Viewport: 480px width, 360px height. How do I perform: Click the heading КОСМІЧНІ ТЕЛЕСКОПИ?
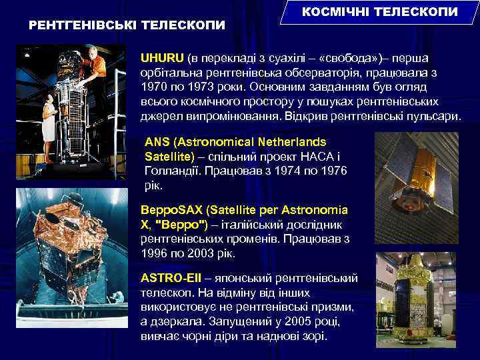coord(380,12)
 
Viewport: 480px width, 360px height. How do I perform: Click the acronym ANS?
coord(157,142)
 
